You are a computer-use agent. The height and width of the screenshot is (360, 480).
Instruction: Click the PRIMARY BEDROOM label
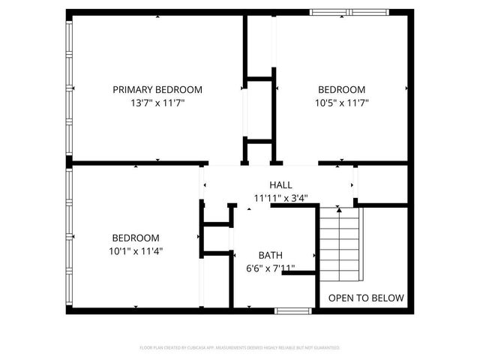[157, 89]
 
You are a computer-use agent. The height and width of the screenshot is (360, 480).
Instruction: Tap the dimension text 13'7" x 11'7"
[157, 103]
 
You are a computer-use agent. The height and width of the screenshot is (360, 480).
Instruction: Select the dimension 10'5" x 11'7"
[341, 103]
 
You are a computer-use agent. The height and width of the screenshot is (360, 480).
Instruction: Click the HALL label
[280, 184]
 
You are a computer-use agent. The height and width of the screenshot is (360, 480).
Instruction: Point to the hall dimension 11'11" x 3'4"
[280, 199]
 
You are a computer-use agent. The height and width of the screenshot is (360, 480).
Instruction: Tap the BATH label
[271, 255]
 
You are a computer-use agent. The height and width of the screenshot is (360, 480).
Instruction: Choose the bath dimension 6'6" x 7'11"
[271, 268]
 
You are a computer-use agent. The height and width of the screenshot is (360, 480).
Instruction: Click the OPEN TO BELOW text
[366, 298]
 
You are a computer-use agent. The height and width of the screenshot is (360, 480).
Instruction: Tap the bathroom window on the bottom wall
[293, 310]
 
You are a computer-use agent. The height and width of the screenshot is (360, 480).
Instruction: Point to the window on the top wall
[349, 12]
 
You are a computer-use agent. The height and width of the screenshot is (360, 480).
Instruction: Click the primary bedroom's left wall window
[69, 86]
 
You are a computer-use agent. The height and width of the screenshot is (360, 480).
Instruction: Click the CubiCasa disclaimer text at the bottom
[240, 348]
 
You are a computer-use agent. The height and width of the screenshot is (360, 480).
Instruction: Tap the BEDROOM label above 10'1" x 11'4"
[136, 237]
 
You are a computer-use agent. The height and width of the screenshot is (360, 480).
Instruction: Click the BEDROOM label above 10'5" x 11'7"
[341, 89]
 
